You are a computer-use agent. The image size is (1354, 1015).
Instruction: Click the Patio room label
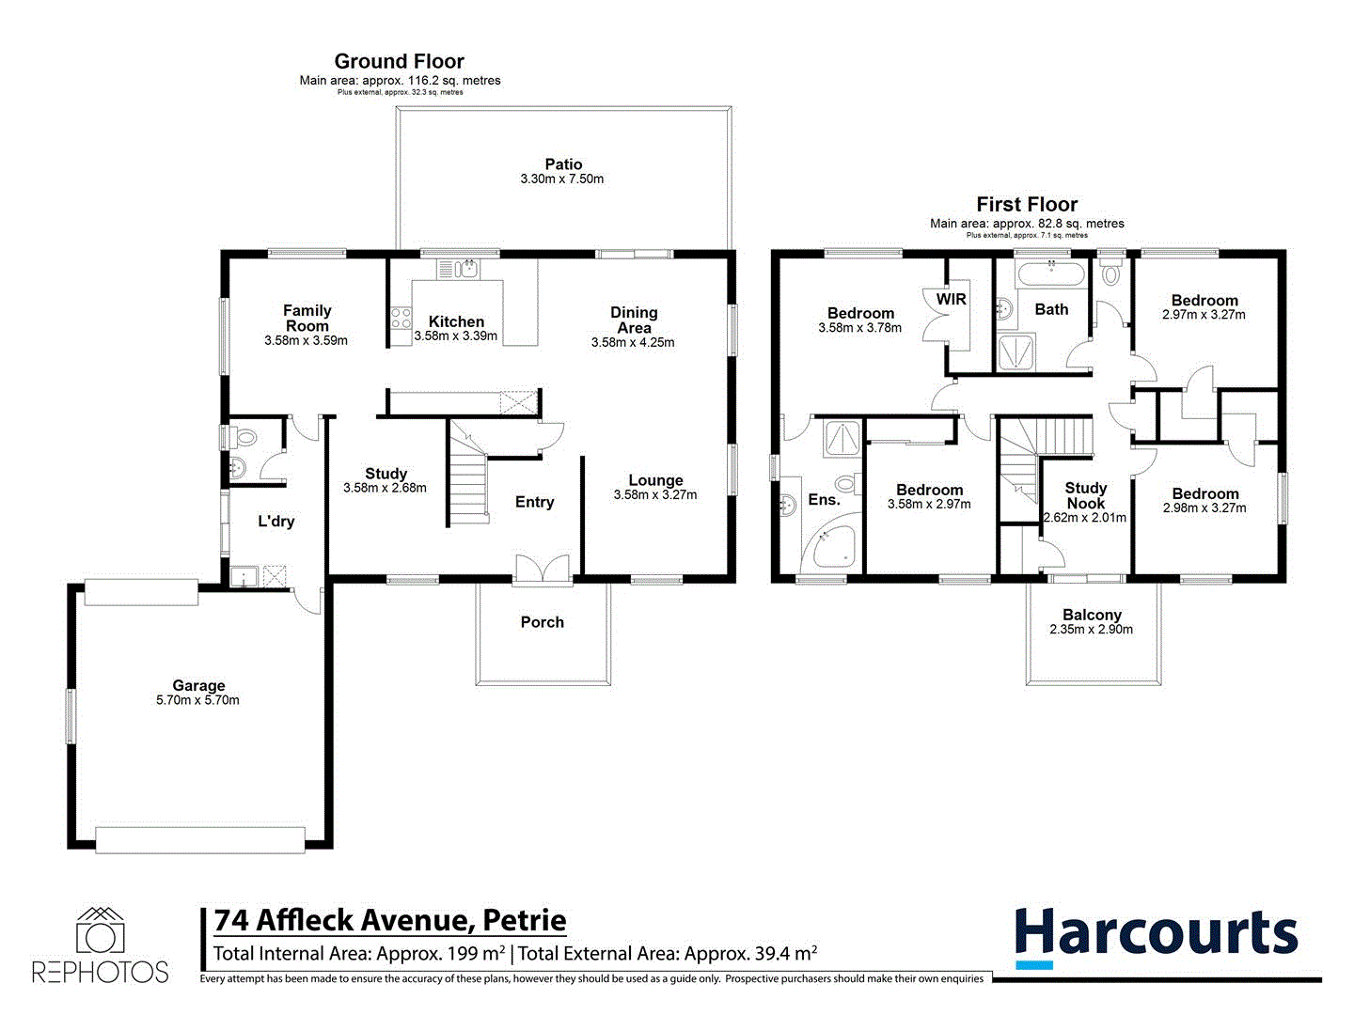click(563, 164)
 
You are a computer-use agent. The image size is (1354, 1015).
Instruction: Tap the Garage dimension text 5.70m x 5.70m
click(197, 700)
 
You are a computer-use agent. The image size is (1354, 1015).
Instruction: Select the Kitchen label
click(456, 321)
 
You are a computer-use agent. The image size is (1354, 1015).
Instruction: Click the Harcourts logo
click(1156, 936)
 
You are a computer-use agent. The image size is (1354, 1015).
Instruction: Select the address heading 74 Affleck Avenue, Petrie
click(390, 920)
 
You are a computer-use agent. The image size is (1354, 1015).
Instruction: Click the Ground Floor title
click(400, 61)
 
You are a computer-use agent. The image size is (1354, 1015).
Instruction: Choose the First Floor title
click(1027, 204)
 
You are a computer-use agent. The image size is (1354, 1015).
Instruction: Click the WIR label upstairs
click(951, 299)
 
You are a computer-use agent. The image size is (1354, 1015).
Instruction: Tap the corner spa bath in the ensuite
click(834, 547)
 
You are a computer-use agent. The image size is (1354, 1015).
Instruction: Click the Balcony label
click(1092, 615)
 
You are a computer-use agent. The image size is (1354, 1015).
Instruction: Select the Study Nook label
click(1085, 495)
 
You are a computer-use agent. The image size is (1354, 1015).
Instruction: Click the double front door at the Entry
click(543, 570)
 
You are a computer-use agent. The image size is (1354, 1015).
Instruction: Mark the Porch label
click(543, 622)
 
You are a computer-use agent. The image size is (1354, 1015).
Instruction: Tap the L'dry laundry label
click(276, 522)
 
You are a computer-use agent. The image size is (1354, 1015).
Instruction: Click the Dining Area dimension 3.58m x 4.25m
click(633, 342)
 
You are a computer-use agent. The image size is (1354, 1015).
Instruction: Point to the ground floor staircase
click(468, 479)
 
